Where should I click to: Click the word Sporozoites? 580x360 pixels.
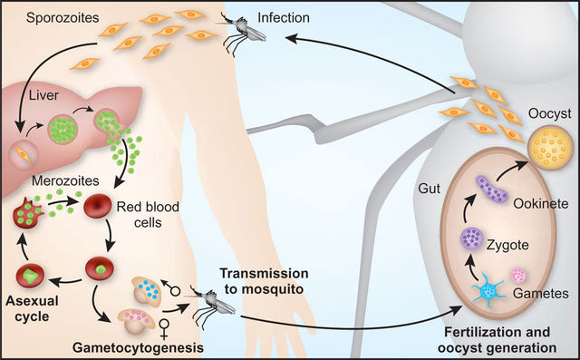[x=45, y=17]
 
